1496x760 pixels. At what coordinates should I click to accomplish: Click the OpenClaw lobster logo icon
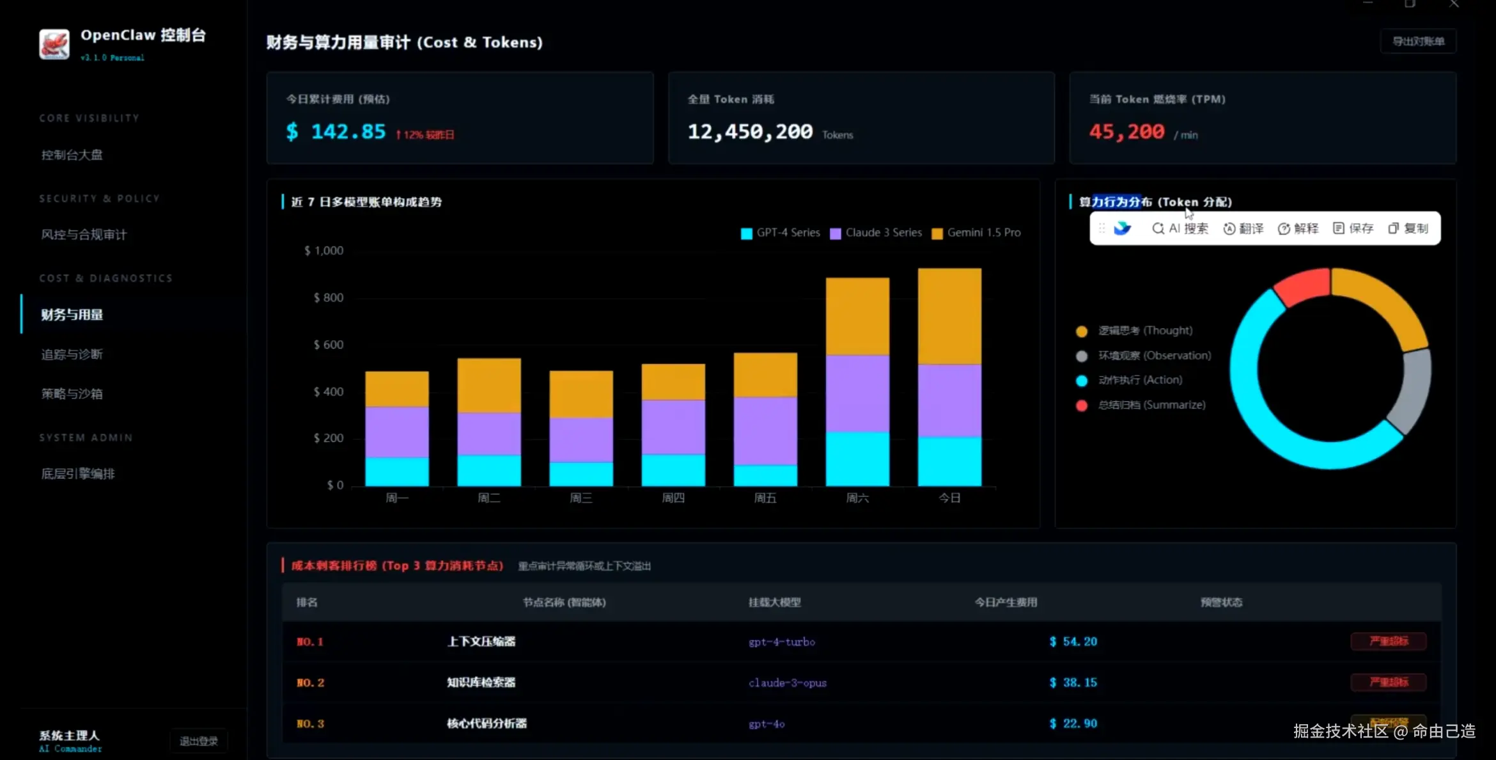pyautogui.click(x=54, y=44)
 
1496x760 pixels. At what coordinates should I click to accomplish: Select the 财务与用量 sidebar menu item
pyautogui.click(x=72, y=315)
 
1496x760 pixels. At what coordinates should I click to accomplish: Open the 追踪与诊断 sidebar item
pyautogui.click(x=72, y=354)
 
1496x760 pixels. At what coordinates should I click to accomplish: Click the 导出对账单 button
pyautogui.click(x=1418, y=42)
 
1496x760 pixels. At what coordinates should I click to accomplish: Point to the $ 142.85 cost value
pyautogui.click(x=336, y=132)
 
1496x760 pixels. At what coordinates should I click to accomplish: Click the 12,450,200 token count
pyautogui.click(x=750, y=132)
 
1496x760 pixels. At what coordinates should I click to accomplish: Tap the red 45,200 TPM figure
pyautogui.click(x=1126, y=132)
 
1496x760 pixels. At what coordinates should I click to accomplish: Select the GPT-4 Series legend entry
pyautogui.click(x=781, y=233)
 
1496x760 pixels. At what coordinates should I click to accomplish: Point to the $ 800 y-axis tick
pyautogui.click(x=329, y=297)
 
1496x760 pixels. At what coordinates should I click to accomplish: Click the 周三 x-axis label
pyautogui.click(x=581, y=498)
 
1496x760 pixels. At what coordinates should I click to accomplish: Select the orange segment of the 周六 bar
pyautogui.click(x=857, y=316)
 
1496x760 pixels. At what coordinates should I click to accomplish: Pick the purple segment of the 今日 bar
pyautogui.click(x=949, y=400)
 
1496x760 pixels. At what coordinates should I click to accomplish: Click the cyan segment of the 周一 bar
pyautogui.click(x=397, y=471)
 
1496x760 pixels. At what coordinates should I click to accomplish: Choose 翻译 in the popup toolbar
pyautogui.click(x=1243, y=228)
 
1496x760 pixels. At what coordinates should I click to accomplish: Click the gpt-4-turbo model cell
pyautogui.click(x=782, y=642)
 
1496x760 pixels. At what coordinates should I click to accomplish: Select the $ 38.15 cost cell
pyautogui.click(x=1073, y=683)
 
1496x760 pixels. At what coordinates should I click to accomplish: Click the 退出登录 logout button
pyautogui.click(x=199, y=741)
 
